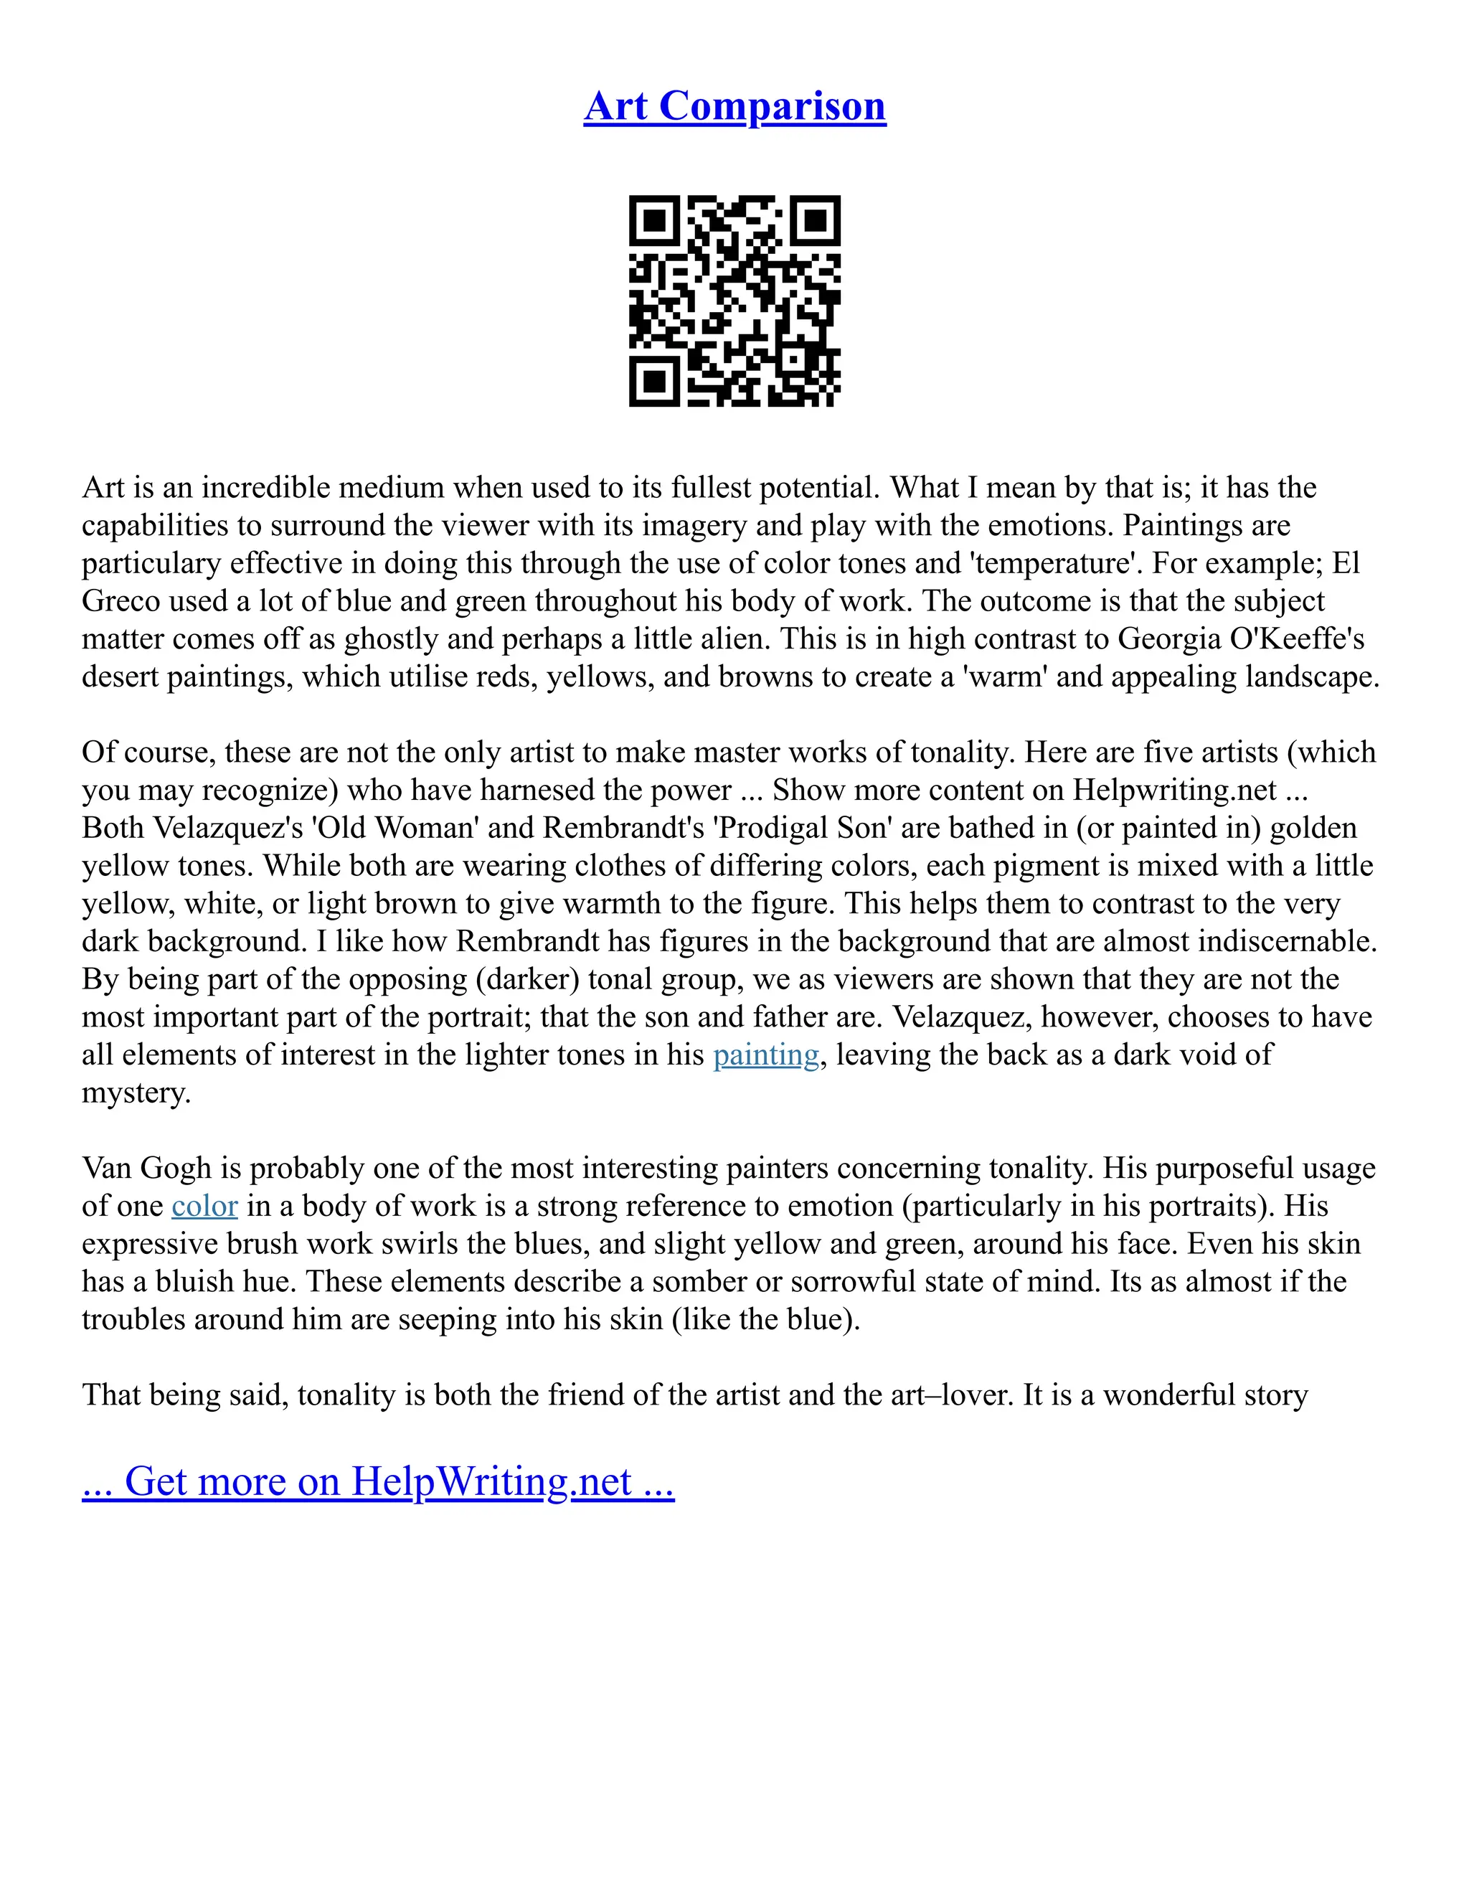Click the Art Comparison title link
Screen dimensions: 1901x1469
pyautogui.click(x=734, y=106)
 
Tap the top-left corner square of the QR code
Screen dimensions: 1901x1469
pyautogui.click(x=653, y=220)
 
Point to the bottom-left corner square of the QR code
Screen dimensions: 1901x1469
pyautogui.click(x=653, y=381)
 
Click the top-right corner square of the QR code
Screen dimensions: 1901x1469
pyautogui.click(x=816, y=220)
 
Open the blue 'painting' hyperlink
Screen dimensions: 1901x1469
pyautogui.click(x=766, y=1055)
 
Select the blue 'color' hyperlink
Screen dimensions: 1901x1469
pyautogui.click(x=204, y=1207)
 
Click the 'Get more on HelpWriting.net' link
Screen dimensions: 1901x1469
pyautogui.click(x=378, y=1481)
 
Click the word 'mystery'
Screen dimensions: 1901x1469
pyautogui.click(x=136, y=1093)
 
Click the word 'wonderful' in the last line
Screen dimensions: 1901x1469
pyautogui.click(x=1168, y=1395)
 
